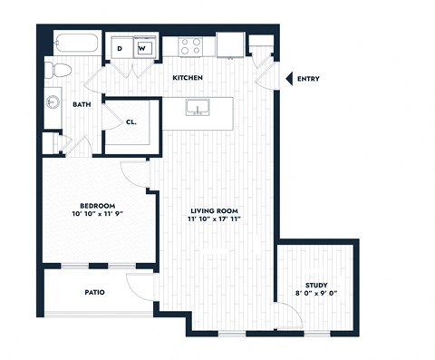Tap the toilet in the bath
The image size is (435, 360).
60,71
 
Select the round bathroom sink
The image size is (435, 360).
52,103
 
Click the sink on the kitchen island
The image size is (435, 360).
198,109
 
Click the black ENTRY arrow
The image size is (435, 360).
289,79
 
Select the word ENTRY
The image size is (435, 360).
308,79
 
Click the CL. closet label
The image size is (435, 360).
131,121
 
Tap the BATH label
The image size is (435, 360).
82,105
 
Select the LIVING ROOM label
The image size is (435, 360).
218,211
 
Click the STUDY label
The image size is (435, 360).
316,285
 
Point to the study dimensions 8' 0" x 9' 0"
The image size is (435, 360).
316,295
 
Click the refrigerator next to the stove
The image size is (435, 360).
228,44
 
